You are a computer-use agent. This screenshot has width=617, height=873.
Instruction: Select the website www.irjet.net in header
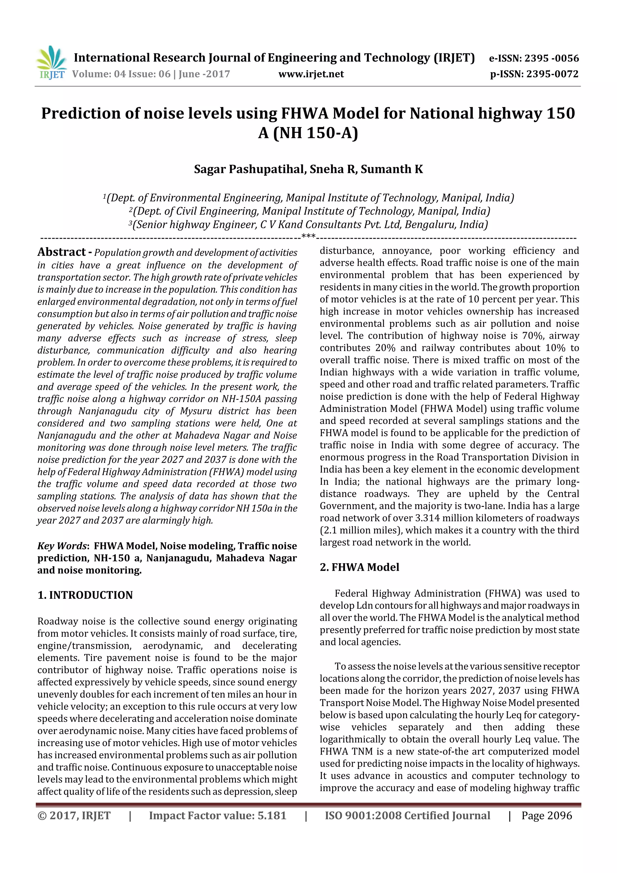pos(311,74)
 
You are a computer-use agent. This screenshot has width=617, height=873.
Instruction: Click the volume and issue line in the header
pos(151,74)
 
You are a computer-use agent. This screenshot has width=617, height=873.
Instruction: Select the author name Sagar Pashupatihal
pos(249,169)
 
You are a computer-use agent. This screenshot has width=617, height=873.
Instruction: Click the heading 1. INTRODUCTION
pos(85,595)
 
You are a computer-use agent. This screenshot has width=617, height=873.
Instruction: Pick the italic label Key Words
pos(62,546)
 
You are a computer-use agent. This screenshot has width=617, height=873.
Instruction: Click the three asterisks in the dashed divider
pos(308,237)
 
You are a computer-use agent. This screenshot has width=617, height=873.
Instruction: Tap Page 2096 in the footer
pos(546,815)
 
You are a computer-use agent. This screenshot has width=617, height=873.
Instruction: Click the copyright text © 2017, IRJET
pos(74,815)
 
